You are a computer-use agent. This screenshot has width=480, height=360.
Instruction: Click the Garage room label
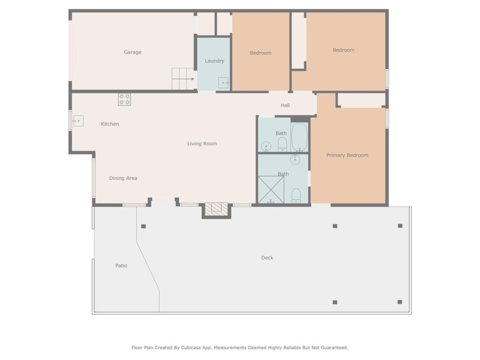point(133,53)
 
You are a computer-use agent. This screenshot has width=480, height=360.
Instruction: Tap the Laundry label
point(214,61)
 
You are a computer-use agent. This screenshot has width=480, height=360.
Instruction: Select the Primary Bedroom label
point(347,155)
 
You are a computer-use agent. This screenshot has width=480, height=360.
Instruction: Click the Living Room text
point(202,143)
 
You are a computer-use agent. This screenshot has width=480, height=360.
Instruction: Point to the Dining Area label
point(123,178)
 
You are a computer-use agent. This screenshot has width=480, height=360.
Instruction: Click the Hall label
point(285,105)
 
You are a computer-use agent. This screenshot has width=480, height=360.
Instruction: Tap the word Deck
point(267,258)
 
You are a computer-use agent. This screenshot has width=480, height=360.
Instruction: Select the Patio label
point(121,266)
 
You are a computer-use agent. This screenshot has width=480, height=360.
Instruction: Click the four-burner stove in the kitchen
point(125,99)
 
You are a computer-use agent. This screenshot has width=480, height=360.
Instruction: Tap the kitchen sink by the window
point(78,121)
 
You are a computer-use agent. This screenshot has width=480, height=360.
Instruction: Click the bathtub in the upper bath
point(299,138)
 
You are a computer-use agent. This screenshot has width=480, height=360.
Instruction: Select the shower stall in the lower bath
point(271,190)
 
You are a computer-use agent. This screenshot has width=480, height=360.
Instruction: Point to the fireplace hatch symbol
point(217,209)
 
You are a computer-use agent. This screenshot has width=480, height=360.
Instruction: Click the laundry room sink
point(223,83)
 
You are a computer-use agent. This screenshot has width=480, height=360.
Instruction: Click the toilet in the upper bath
point(282,144)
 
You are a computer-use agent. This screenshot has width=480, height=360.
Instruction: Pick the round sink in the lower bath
point(295,159)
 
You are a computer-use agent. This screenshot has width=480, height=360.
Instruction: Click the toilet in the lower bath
point(296,196)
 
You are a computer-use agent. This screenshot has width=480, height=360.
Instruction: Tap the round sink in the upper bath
point(266,147)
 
